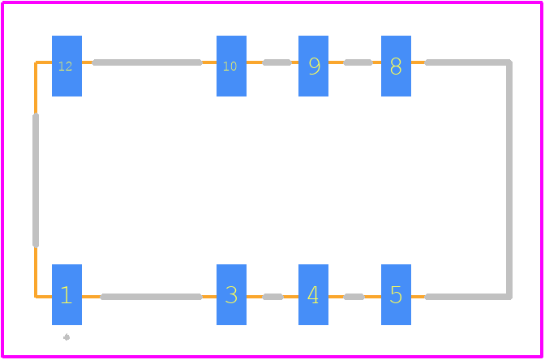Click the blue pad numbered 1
(x=67, y=294)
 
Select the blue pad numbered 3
(x=231, y=294)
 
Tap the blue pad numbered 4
(x=314, y=294)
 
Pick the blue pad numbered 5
(x=397, y=294)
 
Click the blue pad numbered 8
(x=397, y=66)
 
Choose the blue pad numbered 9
(x=314, y=66)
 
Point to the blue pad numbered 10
(x=231, y=66)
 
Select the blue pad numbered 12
(x=67, y=66)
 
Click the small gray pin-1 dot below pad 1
(x=67, y=337)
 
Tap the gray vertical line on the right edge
(x=509, y=180)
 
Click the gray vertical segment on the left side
(x=36, y=180)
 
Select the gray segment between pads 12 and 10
(x=147, y=62)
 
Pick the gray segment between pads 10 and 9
(x=277, y=62)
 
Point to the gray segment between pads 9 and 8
(x=358, y=62)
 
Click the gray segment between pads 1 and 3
(x=151, y=297)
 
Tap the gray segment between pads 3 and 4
(x=272, y=297)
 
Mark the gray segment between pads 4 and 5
(x=354, y=297)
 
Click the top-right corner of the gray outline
(x=509, y=62)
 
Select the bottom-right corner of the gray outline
(x=509, y=297)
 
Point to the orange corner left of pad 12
(x=36, y=62)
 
